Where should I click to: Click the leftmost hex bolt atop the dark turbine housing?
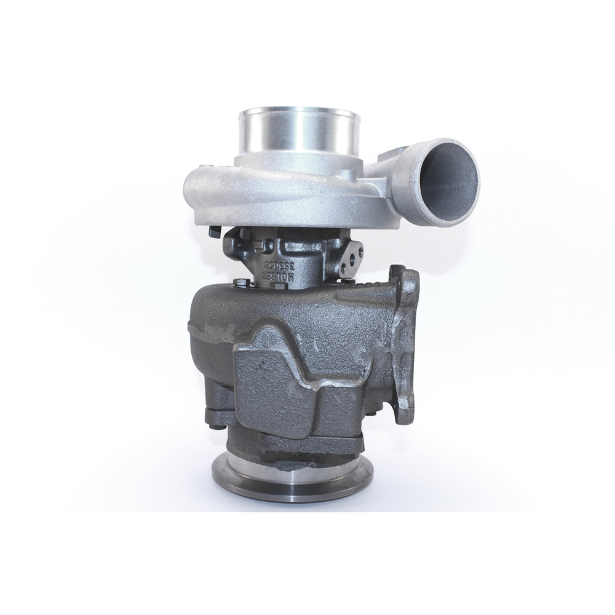239,284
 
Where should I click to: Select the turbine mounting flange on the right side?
407,344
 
